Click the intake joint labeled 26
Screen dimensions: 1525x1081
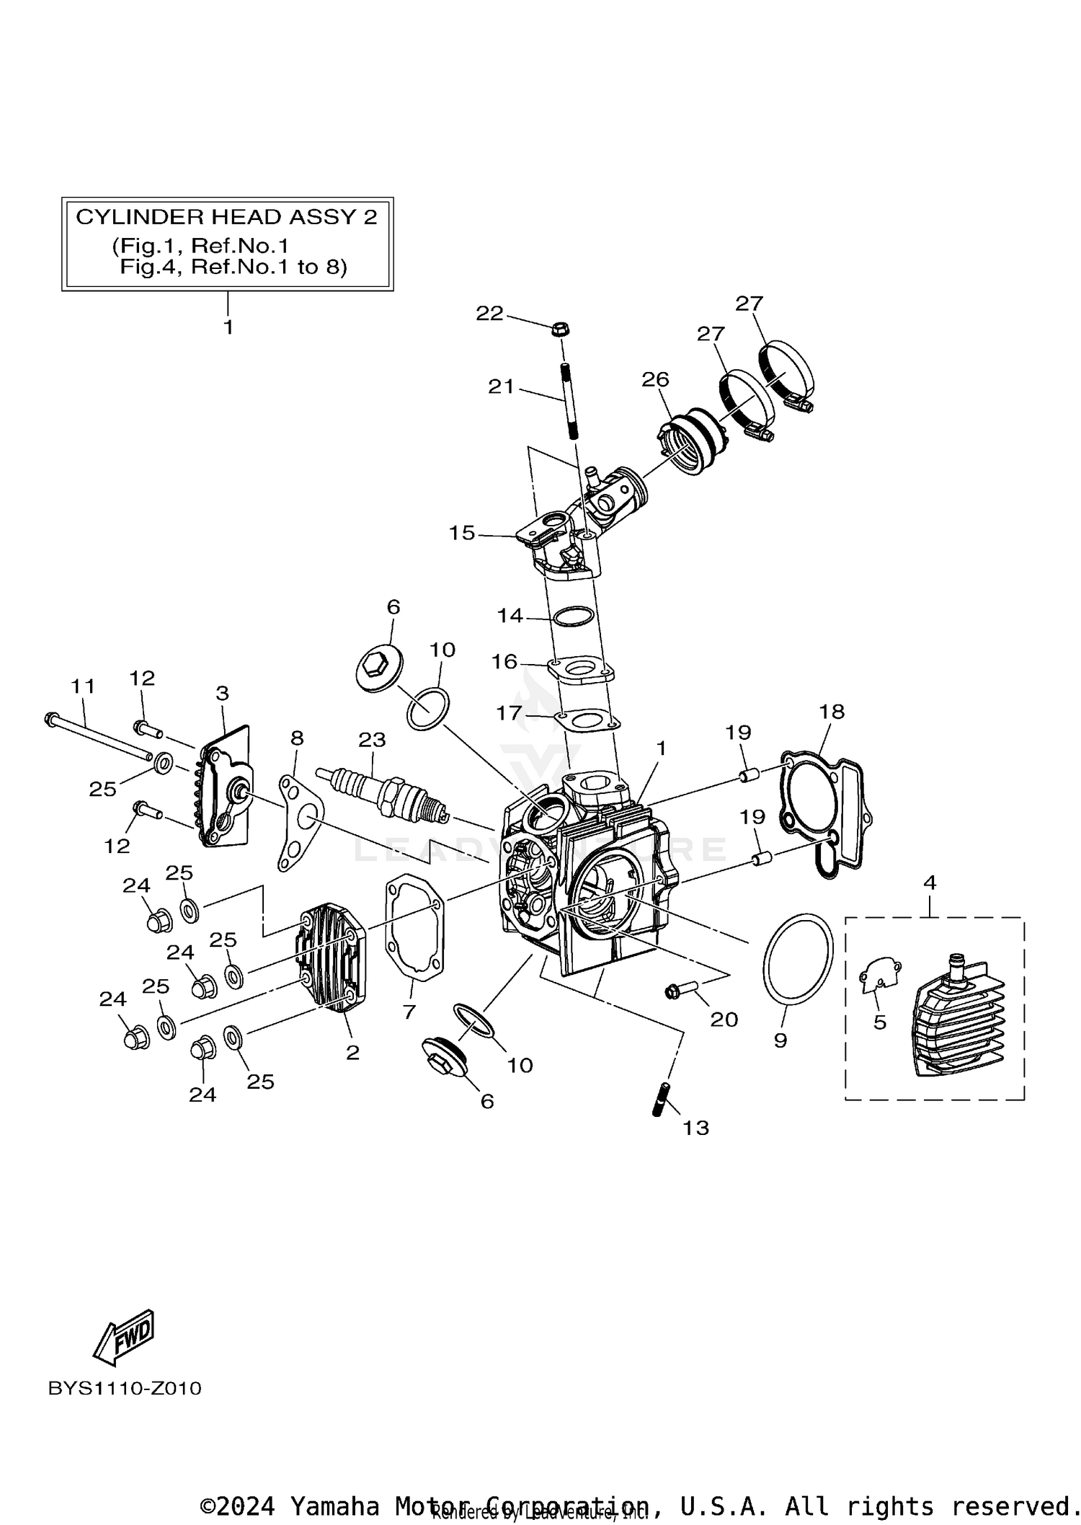[x=690, y=442]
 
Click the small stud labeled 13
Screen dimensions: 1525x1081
[x=661, y=1099]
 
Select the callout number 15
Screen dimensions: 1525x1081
[x=462, y=533]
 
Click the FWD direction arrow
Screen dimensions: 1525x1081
[x=124, y=1336]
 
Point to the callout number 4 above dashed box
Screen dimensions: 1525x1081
[x=929, y=882]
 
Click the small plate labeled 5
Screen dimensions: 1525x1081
[x=880, y=973]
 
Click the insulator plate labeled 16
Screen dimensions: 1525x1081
[x=581, y=670]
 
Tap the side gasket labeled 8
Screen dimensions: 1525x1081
[x=301, y=821]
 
